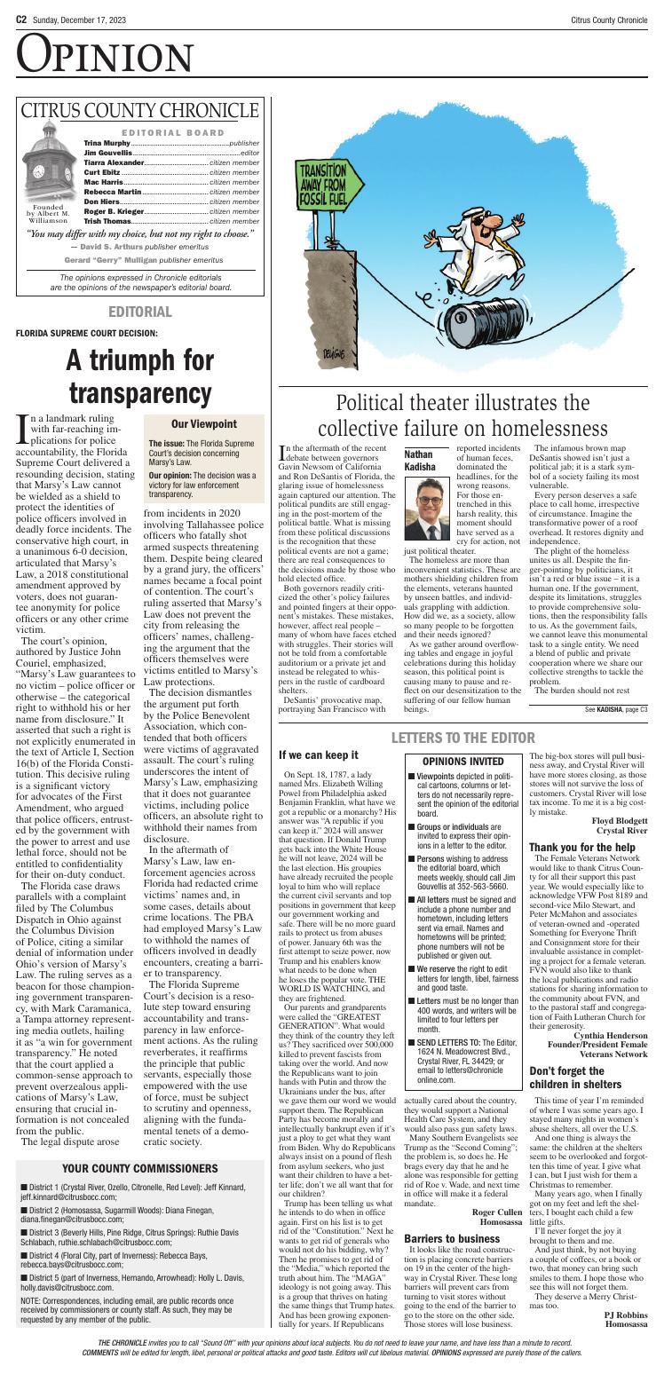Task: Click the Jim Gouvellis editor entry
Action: (109, 153)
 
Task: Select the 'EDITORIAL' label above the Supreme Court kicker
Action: (139, 311)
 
